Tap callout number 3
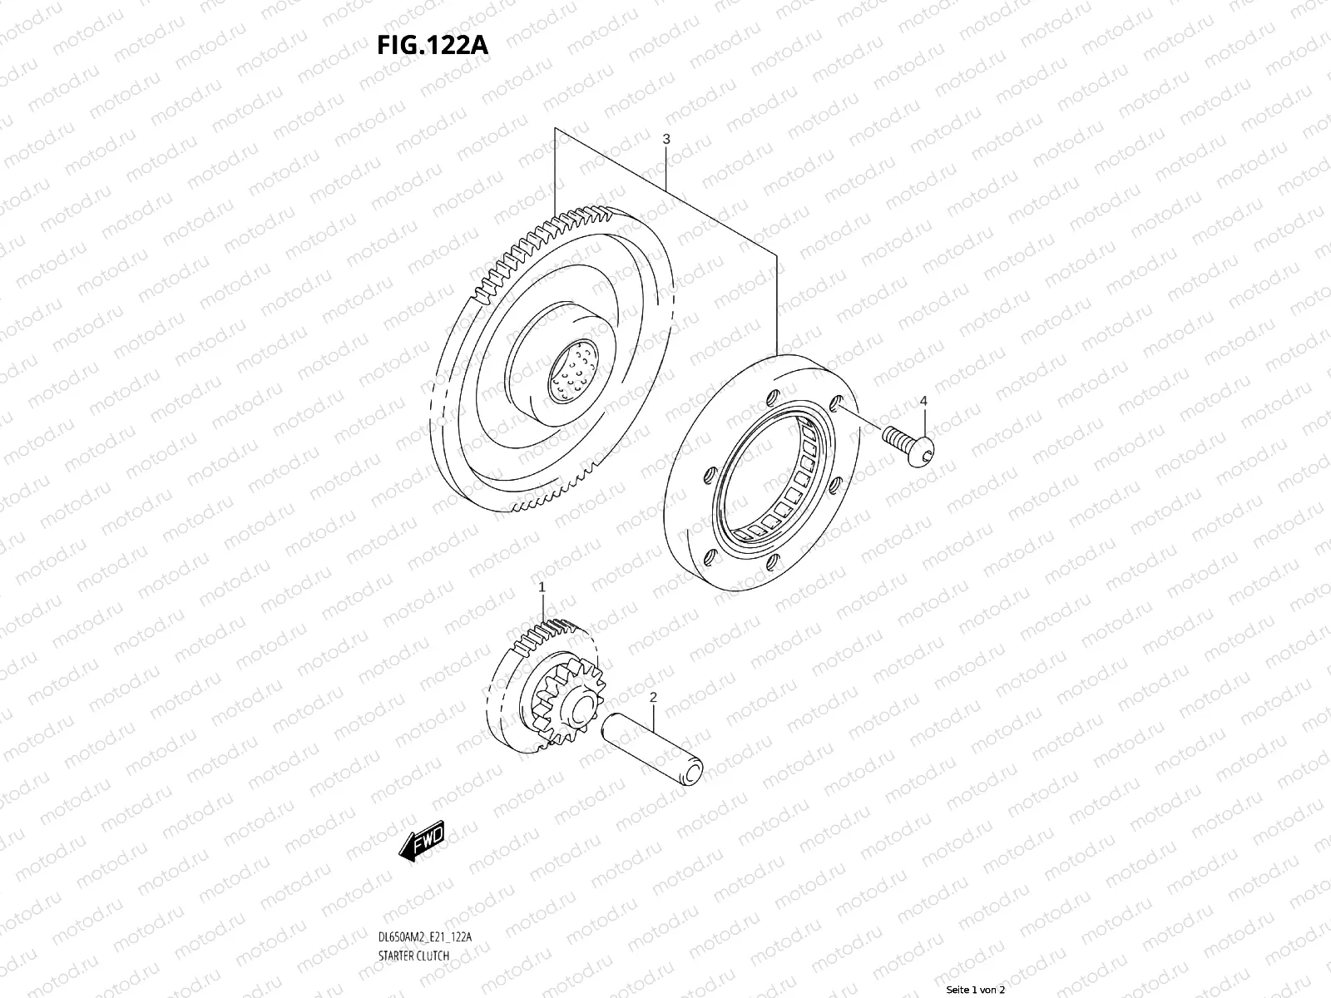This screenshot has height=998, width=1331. [x=665, y=140]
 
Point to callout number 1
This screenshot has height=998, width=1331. [x=542, y=586]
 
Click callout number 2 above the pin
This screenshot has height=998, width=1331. [x=653, y=696]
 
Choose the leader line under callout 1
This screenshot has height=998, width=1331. [x=542, y=607]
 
